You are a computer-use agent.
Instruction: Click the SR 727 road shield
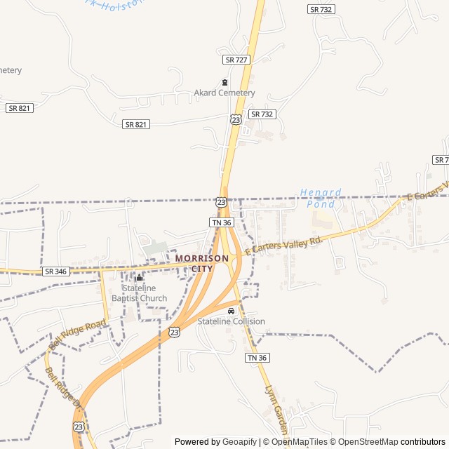click(236, 60)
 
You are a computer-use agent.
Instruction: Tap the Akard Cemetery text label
click(224, 93)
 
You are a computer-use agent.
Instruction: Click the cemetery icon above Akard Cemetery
click(224, 82)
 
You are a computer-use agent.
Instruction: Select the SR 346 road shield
click(55, 271)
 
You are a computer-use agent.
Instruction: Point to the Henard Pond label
click(321, 198)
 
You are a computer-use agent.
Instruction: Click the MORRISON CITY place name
click(202, 263)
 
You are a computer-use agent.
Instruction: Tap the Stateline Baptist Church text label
click(145, 293)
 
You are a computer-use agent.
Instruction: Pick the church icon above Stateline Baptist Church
click(139, 278)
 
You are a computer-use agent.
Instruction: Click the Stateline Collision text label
click(231, 321)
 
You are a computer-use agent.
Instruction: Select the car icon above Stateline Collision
click(231, 311)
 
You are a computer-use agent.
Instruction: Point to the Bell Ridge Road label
click(77, 335)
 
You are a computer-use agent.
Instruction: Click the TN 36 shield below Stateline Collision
click(257, 358)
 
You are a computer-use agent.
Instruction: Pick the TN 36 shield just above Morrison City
click(221, 222)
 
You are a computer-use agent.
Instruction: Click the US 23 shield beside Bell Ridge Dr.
click(79, 427)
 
